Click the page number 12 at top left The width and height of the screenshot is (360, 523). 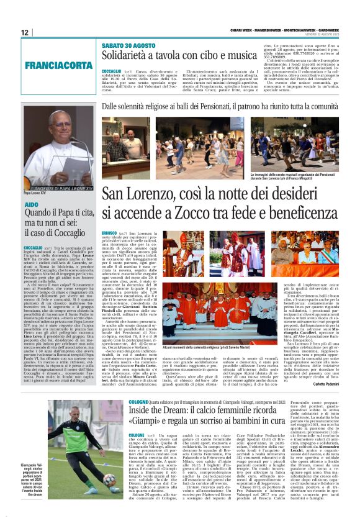point(25,32)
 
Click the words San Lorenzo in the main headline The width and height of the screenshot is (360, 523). point(133,194)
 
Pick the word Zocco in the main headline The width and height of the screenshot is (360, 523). point(188,213)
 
